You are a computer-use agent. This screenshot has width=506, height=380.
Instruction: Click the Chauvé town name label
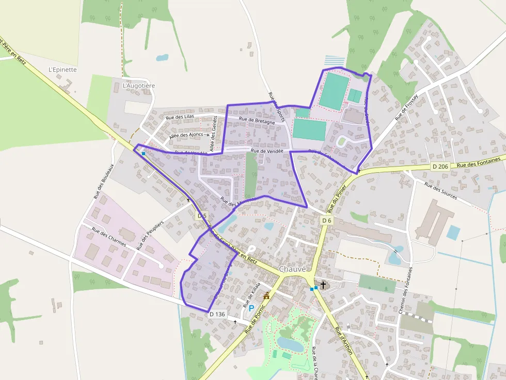tap(293, 269)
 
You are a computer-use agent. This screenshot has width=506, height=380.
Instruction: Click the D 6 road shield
tap(326, 220)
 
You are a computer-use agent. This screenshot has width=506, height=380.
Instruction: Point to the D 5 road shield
tap(202, 216)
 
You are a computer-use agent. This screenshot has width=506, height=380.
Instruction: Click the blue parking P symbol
tap(251, 308)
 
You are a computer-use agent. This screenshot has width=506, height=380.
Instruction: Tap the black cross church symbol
tap(324, 285)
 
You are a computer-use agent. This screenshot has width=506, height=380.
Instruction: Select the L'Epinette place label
tap(62, 70)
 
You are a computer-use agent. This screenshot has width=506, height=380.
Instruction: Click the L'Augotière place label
tap(139, 86)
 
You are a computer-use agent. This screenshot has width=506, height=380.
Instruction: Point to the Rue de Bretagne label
tap(257, 120)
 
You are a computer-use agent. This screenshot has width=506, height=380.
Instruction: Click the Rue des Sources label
tap(440, 191)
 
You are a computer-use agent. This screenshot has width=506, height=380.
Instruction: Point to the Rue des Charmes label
tap(109, 238)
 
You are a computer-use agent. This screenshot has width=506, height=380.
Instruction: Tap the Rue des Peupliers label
tap(150, 235)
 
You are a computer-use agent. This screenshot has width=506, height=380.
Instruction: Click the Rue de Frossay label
tap(406, 108)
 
